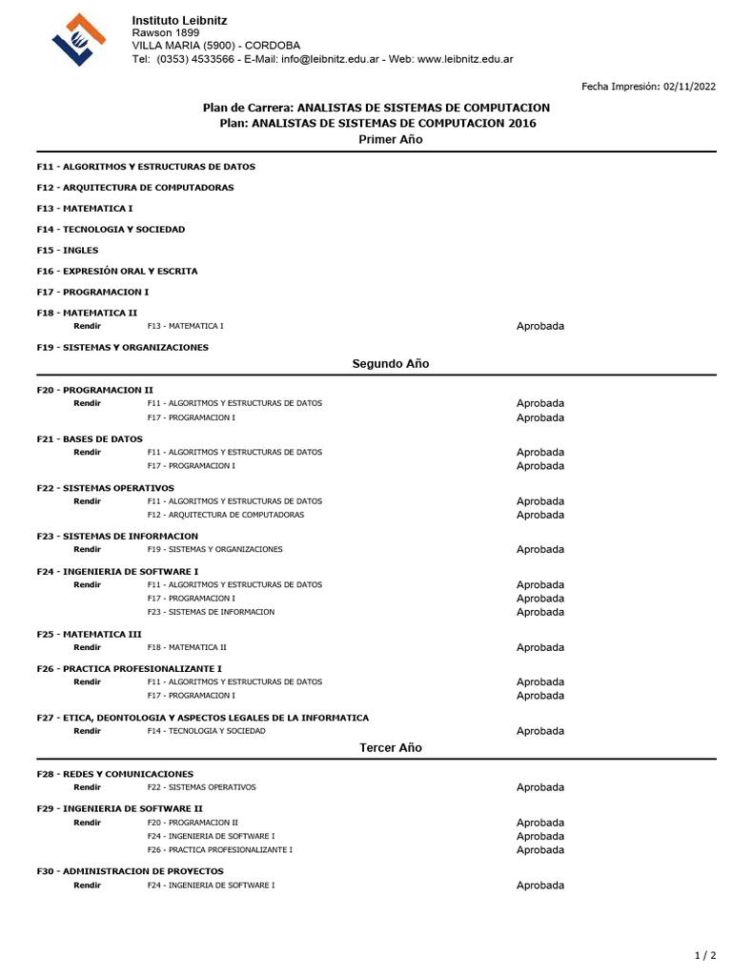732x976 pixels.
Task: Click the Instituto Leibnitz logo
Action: [x=78, y=39]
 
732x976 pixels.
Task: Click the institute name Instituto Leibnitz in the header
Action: [x=179, y=20]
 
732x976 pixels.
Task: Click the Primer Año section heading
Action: [x=390, y=139]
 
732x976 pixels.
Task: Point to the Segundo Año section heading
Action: [x=390, y=363]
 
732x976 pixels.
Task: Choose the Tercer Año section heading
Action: [x=390, y=748]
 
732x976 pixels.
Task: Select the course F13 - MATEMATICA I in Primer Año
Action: [x=85, y=208]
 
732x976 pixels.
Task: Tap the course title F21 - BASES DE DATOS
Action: [x=90, y=438]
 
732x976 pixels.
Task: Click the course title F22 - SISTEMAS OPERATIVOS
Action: [x=105, y=488]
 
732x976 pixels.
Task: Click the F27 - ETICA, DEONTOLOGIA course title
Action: [x=202, y=718]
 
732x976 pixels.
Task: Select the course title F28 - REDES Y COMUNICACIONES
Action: [x=114, y=774]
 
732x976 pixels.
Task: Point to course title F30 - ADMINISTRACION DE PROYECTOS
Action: [x=130, y=871]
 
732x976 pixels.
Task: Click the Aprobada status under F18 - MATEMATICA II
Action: [x=539, y=326]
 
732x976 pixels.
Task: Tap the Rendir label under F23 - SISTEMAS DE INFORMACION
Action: [x=87, y=549]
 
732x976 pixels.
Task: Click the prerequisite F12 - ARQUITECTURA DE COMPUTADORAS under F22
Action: [x=225, y=515]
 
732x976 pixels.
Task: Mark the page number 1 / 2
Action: [x=704, y=954]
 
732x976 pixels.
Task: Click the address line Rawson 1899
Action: [x=166, y=32]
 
